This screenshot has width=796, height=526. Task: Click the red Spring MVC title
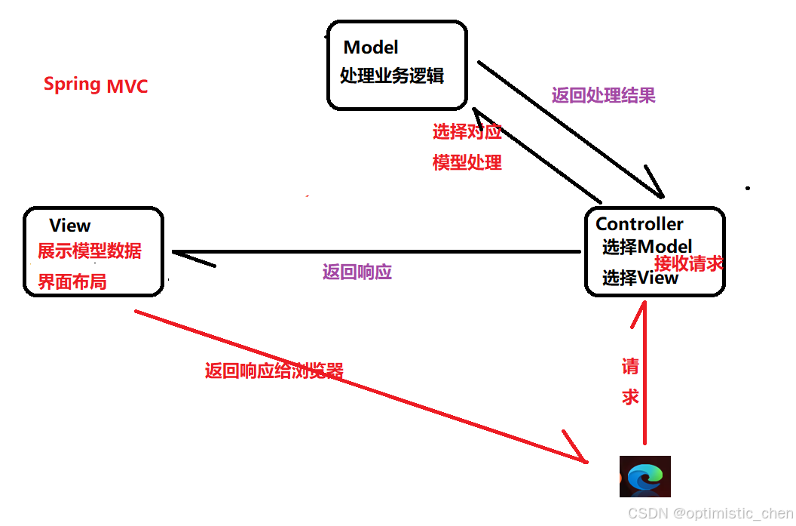pyautogui.click(x=96, y=85)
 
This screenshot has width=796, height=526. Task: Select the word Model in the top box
pyautogui.click(x=371, y=48)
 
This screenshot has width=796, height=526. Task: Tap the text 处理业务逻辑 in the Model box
pyautogui.click(x=391, y=75)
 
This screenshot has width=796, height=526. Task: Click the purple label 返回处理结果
pyautogui.click(x=603, y=95)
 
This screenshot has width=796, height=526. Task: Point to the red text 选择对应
pyautogui.click(x=467, y=132)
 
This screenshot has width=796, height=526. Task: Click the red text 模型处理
pyautogui.click(x=467, y=162)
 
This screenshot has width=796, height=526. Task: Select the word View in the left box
pyautogui.click(x=70, y=226)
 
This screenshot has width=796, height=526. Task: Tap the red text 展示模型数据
pyautogui.click(x=90, y=251)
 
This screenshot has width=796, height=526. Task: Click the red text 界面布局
pyautogui.click(x=72, y=282)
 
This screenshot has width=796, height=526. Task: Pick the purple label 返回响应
pyautogui.click(x=357, y=272)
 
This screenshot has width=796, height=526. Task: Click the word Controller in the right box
pyautogui.click(x=639, y=224)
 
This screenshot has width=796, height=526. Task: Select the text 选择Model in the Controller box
pyautogui.click(x=647, y=247)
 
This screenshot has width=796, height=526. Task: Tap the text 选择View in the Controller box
pyautogui.click(x=640, y=278)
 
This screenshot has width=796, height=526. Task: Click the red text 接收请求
pyautogui.click(x=689, y=263)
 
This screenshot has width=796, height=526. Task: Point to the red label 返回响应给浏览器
pyautogui.click(x=274, y=371)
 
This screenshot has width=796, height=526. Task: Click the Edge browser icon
pyautogui.click(x=644, y=477)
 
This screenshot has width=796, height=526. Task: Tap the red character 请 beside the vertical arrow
pyautogui.click(x=630, y=367)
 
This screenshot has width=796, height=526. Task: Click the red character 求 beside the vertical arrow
pyautogui.click(x=630, y=397)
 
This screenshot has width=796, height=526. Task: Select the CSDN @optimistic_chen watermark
pyautogui.click(x=711, y=513)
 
